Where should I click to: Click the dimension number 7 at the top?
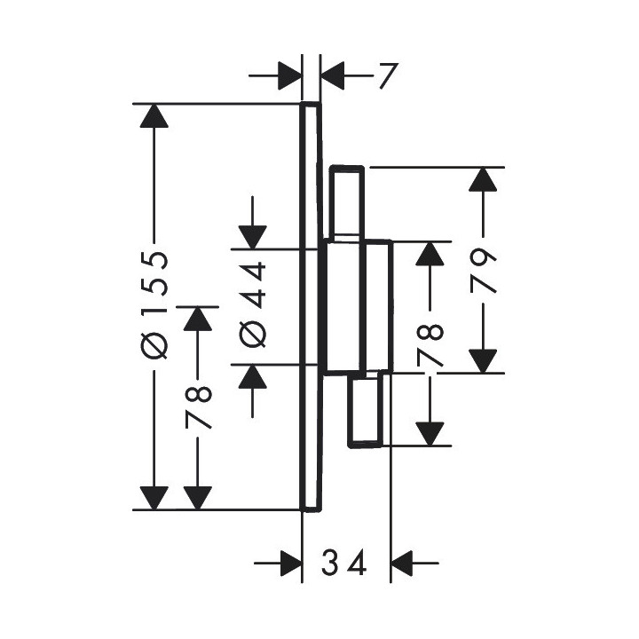pyautogui.click(x=383, y=78)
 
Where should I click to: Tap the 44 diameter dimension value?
pyautogui.click(x=253, y=284)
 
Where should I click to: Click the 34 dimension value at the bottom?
pyautogui.click(x=344, y=563)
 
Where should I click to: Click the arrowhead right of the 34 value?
pyautogui.click(x=405, y=563)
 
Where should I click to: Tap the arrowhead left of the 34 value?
pyautogui.click(x=289, y=563)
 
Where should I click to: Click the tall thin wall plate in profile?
pyautogui.click(x=310, y=306)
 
